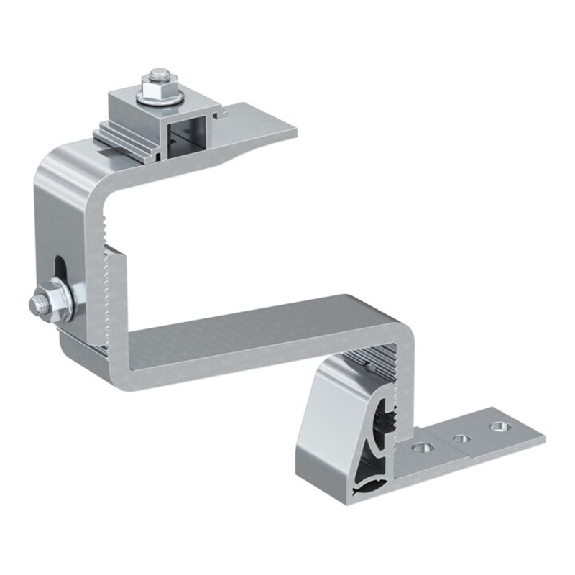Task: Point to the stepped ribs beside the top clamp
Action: point(126,137)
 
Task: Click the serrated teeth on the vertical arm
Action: point(108,302)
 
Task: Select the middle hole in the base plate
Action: point(458,437)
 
